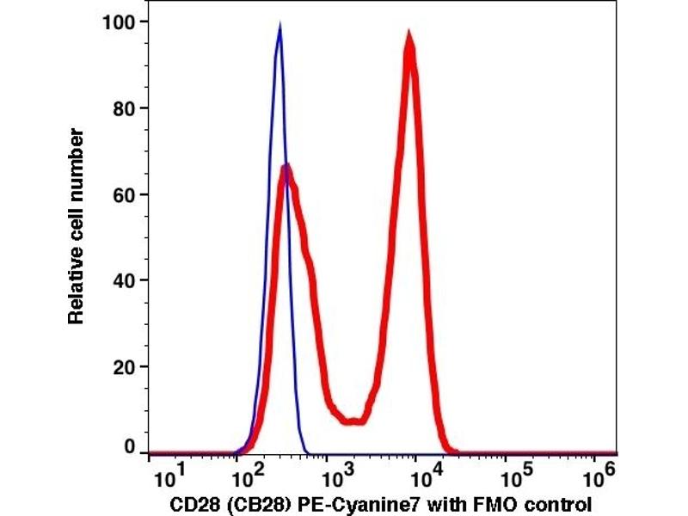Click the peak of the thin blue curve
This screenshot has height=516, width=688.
pos(279,28)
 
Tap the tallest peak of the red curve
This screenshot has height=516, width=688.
pos(409,36)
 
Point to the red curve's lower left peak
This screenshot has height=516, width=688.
pos(287,168)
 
